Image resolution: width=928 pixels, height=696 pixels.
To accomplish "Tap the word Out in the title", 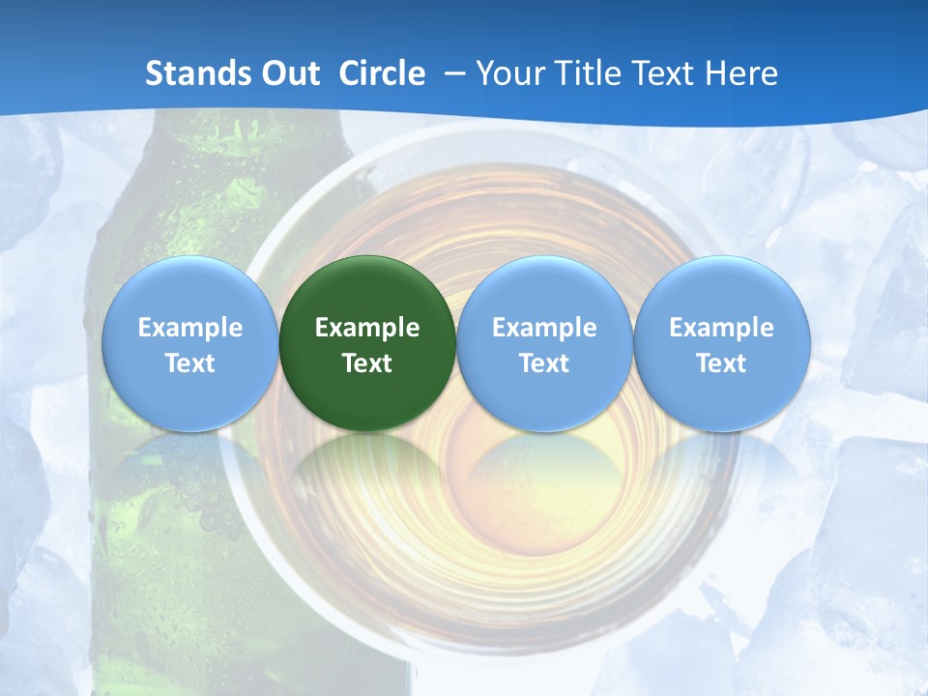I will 287,73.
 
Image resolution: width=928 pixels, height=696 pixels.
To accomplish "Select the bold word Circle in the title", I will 382,73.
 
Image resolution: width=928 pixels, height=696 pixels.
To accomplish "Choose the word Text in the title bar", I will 667,73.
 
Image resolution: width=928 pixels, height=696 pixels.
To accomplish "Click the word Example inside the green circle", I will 367,328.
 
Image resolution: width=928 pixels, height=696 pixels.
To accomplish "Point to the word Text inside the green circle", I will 367,363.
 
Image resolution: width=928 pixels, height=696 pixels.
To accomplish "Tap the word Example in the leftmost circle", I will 189,328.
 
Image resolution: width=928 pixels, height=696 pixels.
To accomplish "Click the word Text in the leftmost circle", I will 189,363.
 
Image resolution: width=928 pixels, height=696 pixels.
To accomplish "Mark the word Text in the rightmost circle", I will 721,363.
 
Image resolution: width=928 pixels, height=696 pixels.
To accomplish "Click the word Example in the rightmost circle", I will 721,328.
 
